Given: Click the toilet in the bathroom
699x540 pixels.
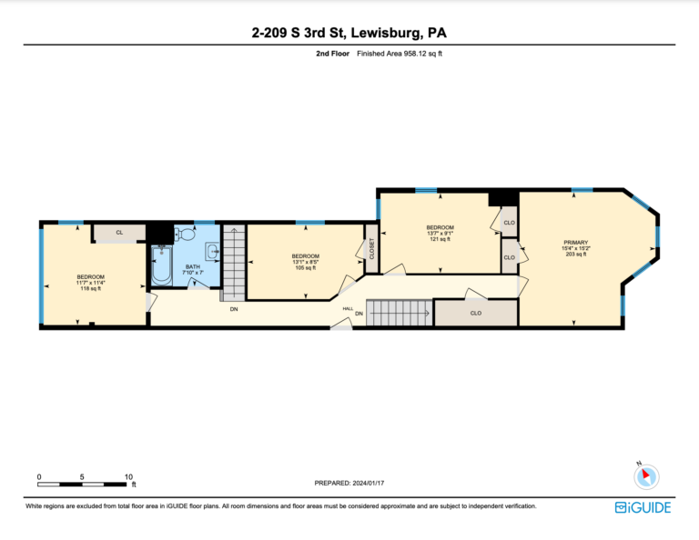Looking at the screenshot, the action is coord(185,233).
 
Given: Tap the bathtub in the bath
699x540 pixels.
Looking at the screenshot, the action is coord(161,265).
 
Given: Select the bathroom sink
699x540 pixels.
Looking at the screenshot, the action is coord(212,252).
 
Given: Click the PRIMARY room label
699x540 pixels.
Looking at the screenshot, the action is coord(575,243).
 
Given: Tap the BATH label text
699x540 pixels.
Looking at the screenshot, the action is coord(193,266).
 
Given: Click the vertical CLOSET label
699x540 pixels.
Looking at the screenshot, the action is coord(371,249).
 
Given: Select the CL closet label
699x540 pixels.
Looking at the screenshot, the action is coord(119,233).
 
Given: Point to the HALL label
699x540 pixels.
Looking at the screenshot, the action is coord(348,308).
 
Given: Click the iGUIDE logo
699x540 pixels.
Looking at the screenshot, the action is coord(643,507).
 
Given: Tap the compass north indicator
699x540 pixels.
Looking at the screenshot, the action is coord(646,475).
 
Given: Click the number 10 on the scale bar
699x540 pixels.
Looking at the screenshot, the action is coord(128,476).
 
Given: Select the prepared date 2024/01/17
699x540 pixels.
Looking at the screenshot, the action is coord(369,483).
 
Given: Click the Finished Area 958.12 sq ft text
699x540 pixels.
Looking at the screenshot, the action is coord(400,54).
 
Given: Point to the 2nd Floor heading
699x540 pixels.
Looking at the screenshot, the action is coord(332,54).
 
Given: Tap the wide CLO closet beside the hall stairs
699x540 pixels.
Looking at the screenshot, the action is coord(476,313).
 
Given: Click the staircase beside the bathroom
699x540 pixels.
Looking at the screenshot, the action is coord(234,263).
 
